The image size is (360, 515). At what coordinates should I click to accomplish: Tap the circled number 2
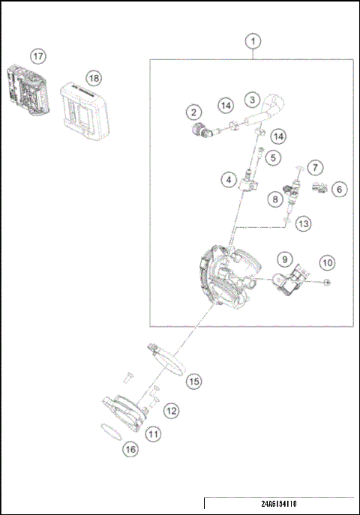[x=193, y=112]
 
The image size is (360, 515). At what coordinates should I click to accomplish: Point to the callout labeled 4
[x=226, y=180]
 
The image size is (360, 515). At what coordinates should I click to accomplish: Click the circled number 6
[x=338, y=190]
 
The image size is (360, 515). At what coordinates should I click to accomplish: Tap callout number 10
[x=328, y=263]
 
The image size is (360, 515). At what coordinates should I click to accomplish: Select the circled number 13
[x=303, y=223]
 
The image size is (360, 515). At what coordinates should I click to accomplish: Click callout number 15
[x=193, y=382]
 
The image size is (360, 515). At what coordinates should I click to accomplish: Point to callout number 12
[x=172, y=410]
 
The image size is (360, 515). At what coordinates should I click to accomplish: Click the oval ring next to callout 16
[x=111, y=433]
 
